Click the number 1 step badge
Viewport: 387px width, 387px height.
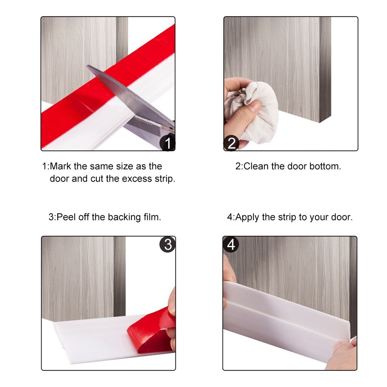pos(168,144)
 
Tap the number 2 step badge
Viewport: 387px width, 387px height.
pos(231,144)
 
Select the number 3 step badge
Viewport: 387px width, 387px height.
pos(167,244)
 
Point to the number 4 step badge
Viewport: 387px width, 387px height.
pos(231,244)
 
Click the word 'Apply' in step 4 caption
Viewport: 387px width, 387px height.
pos(248,217)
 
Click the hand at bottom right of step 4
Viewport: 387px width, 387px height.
pos(343,355)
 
